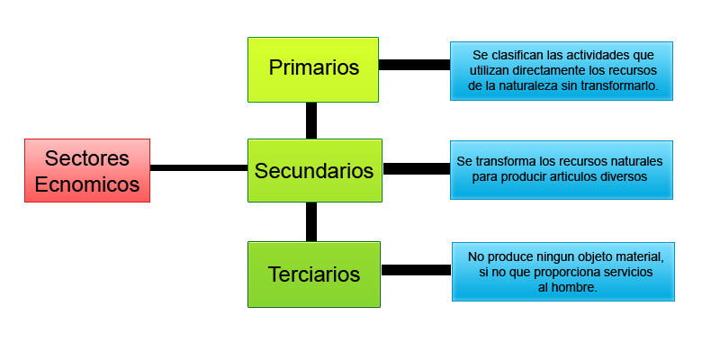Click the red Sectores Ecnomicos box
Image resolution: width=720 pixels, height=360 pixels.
coord(86,170)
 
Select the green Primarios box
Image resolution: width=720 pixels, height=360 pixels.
coord(313,68)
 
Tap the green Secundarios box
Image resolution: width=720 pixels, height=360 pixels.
coord(314,170)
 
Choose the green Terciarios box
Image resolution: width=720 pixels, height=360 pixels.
coord(314,274)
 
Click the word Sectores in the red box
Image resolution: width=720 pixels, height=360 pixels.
coord(86,158)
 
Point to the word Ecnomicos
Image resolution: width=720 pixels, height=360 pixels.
coord(86,184)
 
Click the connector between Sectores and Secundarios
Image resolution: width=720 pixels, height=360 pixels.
coord(198,167)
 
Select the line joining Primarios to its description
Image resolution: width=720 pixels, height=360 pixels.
coord(416,65)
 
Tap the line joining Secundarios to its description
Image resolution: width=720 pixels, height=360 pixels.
coord(416,168)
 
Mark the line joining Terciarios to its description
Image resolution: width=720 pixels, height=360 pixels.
coord(416,270)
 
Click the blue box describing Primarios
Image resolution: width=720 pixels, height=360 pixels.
coord(562,70)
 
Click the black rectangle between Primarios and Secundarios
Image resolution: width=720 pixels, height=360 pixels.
coord(310,121)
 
